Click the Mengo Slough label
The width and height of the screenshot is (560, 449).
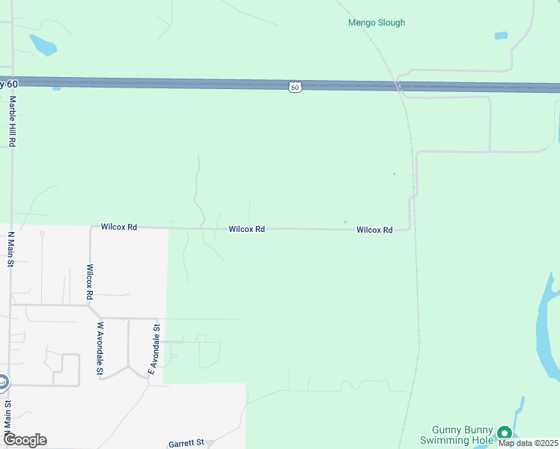click(377, 22)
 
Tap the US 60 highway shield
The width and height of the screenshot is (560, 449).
click(295, 88)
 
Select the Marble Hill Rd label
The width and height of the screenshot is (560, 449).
click(12, 120)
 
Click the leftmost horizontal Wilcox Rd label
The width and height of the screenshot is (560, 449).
click(119, 226)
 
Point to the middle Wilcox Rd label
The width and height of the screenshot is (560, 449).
click(246, 229)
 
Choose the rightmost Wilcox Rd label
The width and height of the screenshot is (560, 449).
click(374, 230)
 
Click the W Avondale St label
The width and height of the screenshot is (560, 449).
click(100, 348)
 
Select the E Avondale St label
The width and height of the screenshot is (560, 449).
click(153, 349)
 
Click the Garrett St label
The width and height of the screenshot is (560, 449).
click(186, 443)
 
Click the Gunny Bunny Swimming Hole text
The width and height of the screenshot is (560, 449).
click(463, 435)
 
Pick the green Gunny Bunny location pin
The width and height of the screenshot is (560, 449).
click(504, 433)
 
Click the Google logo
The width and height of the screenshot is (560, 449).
click(24, 440)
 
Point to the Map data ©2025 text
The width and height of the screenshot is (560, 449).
click(528, 443)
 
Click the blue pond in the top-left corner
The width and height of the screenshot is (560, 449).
click(43, 45)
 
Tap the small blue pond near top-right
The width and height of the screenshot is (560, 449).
click(501, 35)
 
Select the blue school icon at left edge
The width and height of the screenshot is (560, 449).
click(2, 382)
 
